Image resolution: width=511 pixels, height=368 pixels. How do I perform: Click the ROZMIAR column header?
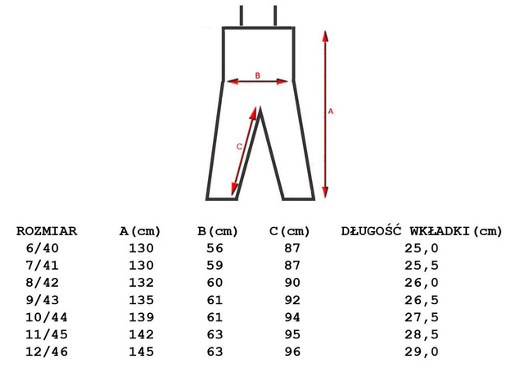coord(47,230)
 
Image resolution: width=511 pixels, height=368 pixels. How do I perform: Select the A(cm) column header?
coord(141,230)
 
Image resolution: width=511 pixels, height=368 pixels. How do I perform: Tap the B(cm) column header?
coord(218,230)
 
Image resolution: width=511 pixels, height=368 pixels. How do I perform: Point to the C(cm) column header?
coord(290,230)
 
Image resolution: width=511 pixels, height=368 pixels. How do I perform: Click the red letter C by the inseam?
coord(238,146)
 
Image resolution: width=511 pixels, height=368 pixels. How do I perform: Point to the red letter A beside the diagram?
coord(331,111)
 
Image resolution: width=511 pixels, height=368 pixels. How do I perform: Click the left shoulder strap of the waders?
coord(242,16)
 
